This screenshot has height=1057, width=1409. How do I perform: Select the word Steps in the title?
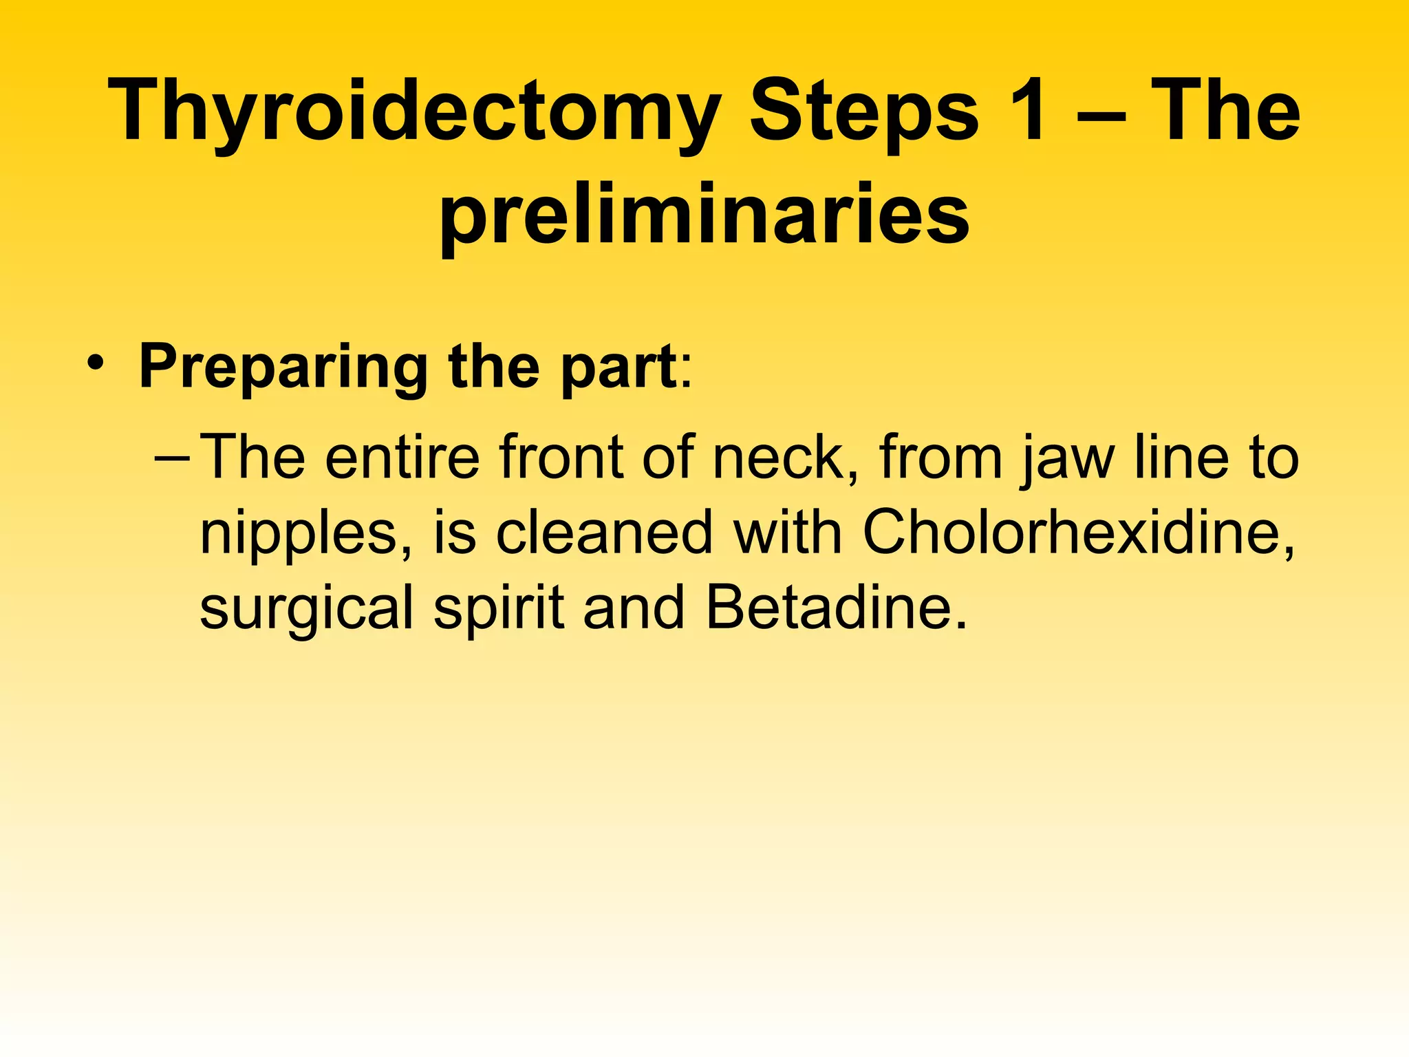coord(864,114)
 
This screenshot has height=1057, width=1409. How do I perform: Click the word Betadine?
coord(835,608)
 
